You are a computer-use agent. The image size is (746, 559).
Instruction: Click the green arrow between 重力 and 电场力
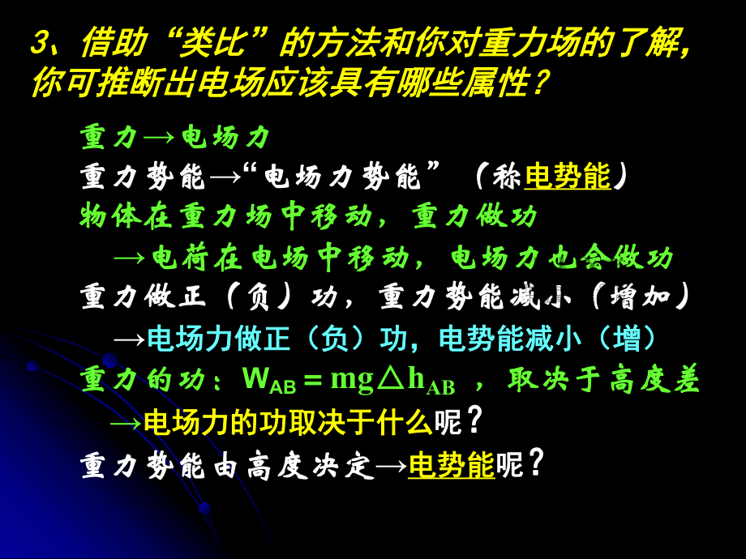coord(159,139)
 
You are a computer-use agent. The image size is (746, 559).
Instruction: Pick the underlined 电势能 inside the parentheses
coord(568,176)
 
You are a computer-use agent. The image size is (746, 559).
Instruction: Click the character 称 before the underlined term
coord(506,177)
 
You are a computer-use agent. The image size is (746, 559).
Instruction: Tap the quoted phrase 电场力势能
coord(341,177)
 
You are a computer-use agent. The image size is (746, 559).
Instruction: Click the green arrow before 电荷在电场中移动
coord(130,258)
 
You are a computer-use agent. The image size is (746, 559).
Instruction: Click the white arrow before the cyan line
coord(130,339)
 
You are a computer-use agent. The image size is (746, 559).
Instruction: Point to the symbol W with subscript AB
coord(269,381)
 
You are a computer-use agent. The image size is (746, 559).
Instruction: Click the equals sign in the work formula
coord(313,380)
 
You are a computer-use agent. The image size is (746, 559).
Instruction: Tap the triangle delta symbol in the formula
coord(391,379)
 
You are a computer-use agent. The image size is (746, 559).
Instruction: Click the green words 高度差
coord(654,379)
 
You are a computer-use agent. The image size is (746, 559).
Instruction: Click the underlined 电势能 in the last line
coord(452,464)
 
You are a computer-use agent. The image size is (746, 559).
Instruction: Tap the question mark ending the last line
coord(536,463)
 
